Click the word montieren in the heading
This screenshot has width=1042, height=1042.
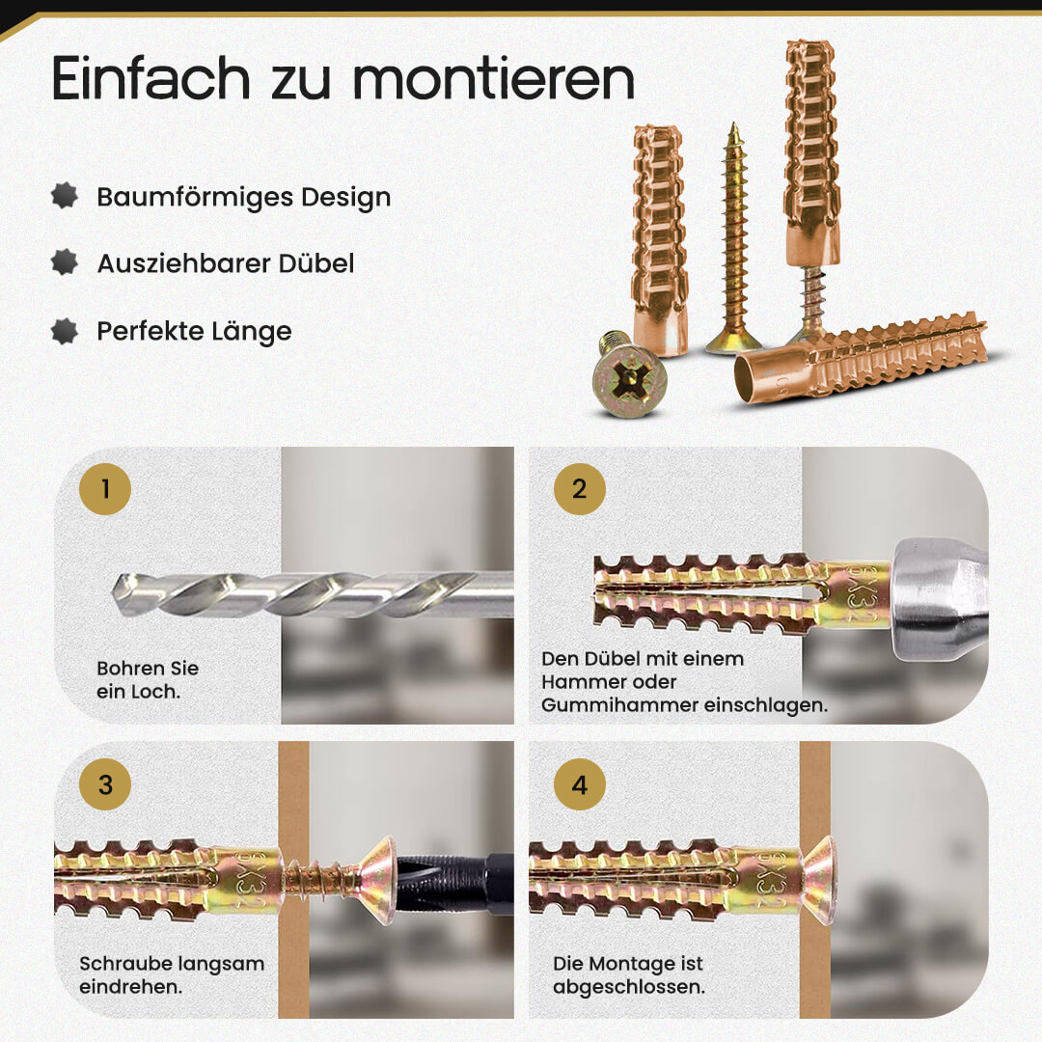click(x=494, y=79)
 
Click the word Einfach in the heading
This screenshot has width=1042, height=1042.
click(x=151, y=78)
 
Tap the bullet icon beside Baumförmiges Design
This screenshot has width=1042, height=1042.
click(x=65, y=196)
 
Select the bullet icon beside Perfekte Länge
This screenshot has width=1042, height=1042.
click(x=65, y=331)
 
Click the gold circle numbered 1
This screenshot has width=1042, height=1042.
click(x=105, y=489)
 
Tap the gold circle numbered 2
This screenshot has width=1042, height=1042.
click(x=580, y=489)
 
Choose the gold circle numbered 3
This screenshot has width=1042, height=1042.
click(x=105, y=784)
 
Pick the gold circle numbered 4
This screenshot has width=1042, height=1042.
click(x=580, y=784)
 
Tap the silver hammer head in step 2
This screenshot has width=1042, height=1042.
click(x=939, y=599)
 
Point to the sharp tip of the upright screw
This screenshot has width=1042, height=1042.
click(x=734, y=124)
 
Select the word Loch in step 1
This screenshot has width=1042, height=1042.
click(x=156, y=692)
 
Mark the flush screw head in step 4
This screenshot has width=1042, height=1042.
click(x=819, y=881)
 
